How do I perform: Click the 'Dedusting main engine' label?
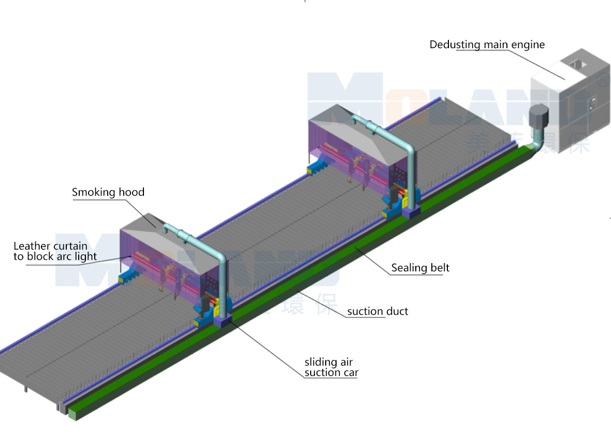pyautogui.click(x=487, y=45)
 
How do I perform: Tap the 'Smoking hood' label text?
pyautogui.click(x=108, y=193)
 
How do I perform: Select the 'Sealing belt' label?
pyautogui.click(x=420, y=268)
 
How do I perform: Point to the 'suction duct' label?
pyautogui.click(x=377, y=311)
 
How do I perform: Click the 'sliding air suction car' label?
pyautogui.click(x=331, y=367)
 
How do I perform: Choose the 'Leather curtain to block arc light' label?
pyautogui.click(x=55, y=251)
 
